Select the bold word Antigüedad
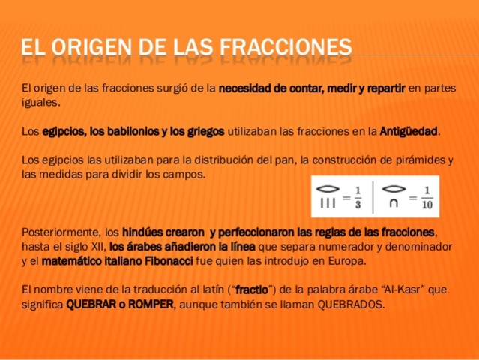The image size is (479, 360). [409, 131]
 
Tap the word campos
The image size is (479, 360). [186, 175]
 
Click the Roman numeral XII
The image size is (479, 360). [95, 245]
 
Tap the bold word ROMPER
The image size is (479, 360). [149, 304]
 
